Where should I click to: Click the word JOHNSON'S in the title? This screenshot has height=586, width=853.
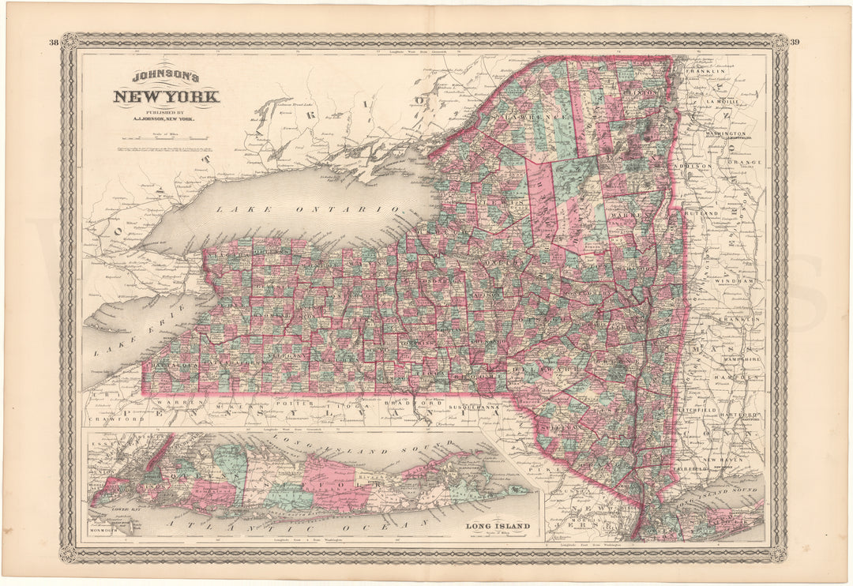coord(166,77)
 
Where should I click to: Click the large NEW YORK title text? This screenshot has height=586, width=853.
coord(166,98)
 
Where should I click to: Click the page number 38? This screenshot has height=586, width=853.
coord(53,42)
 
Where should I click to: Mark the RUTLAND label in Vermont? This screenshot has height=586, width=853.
coord(701,214)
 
